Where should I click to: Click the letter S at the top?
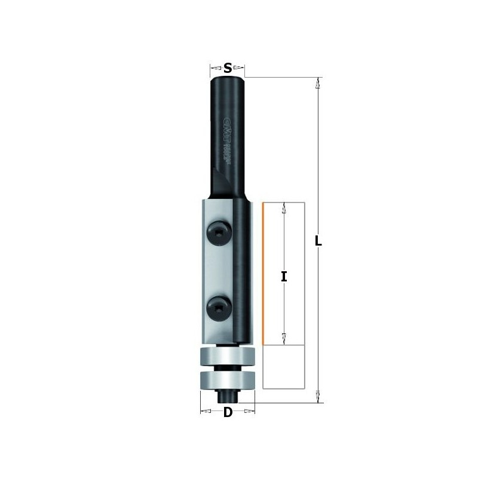coord(228,68)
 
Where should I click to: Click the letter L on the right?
coord(318,242)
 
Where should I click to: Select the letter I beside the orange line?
coord(284,276)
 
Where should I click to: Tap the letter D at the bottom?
coord(228,412)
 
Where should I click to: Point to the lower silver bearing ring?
coord(227,380)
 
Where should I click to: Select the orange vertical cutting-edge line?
coord(262,274)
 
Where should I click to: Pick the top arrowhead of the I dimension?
coord(284,209)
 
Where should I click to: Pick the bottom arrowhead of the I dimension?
coord(284,338)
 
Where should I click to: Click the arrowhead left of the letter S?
coord(216,67)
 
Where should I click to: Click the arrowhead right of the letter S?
coord(238,67)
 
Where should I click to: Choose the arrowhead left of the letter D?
coord(206,411)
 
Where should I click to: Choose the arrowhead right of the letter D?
coord(250,411)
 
